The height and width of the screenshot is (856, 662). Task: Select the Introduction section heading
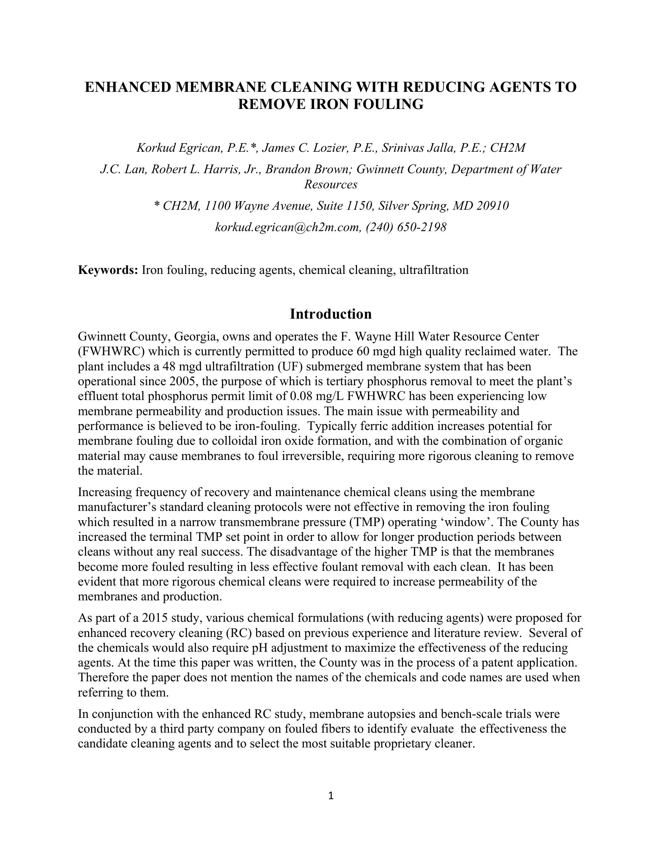331,314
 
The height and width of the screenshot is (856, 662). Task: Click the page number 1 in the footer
331,796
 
